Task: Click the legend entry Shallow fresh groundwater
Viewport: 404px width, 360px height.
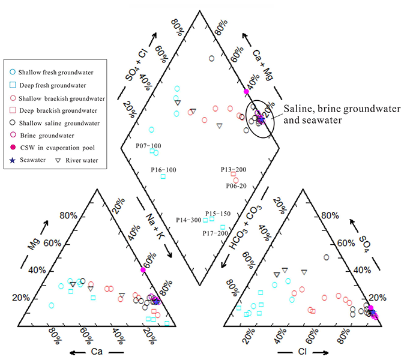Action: tap(50, 71)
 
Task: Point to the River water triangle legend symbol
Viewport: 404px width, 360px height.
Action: tap(58, 160)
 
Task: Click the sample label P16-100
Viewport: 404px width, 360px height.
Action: tap(163, 170)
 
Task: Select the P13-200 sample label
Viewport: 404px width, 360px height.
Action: tap(234, 170)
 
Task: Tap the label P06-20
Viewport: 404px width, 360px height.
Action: tap(236, 186)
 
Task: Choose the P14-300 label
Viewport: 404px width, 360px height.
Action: tap(188, 220)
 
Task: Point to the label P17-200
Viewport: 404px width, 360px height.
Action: tap(215, 233)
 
